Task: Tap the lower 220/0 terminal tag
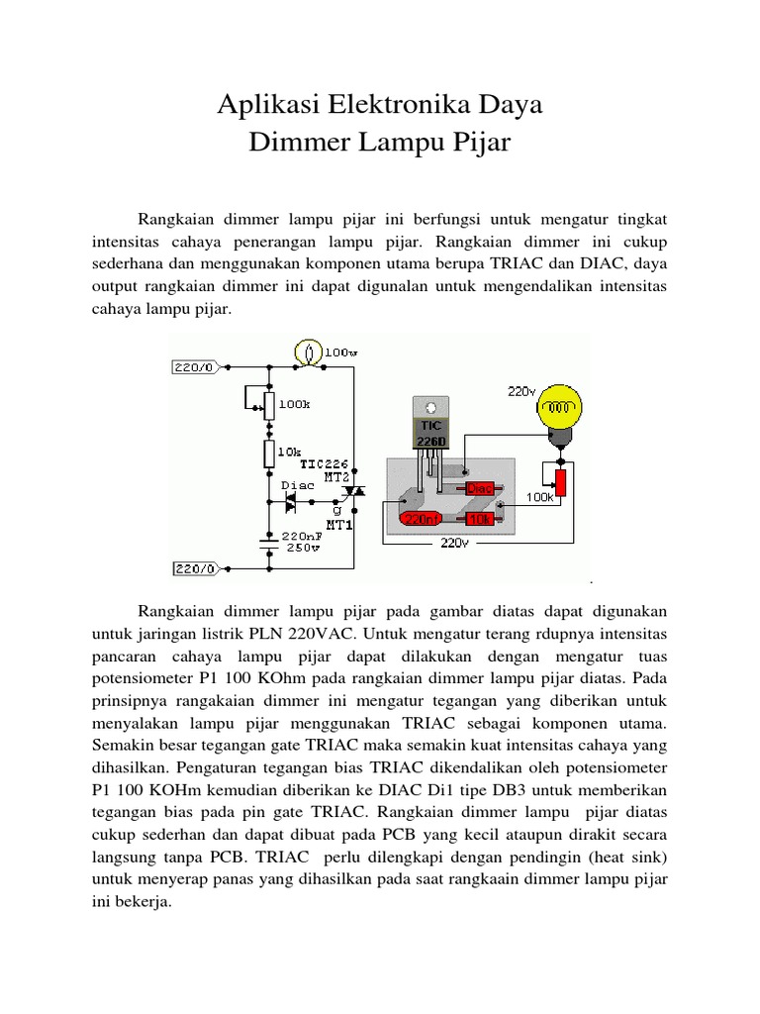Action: (x=193, y=568)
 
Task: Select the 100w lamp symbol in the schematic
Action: (x=309, y=352)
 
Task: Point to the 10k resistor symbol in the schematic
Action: (x=268, y=454)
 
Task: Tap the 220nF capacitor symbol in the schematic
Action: (x=268, y=541)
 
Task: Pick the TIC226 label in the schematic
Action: (x=326, y=461)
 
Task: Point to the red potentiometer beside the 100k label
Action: (x=560, y=483)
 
